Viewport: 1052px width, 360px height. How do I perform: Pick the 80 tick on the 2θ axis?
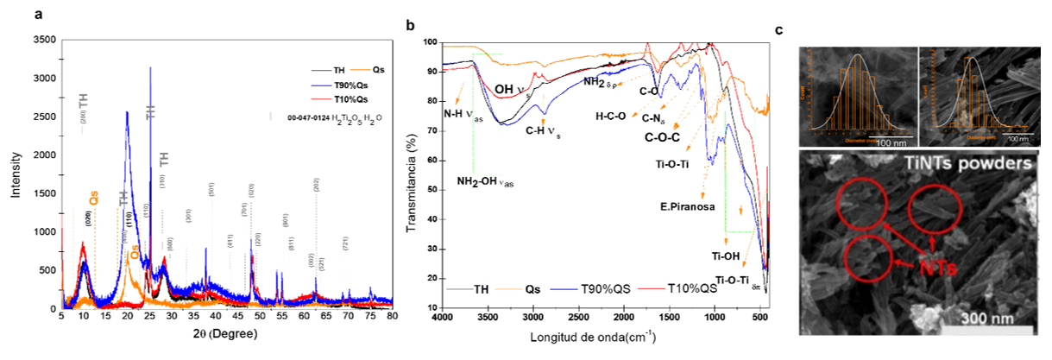(393, 317)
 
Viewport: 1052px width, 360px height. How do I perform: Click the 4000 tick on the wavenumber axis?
(443, 318)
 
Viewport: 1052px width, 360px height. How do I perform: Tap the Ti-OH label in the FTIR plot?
(727, 256)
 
